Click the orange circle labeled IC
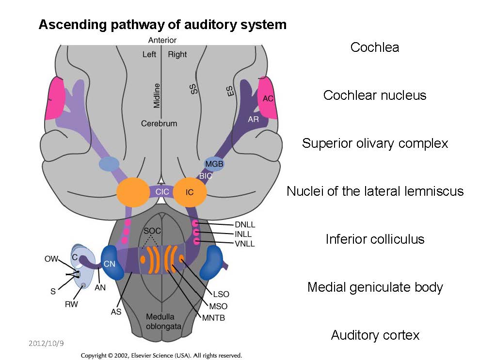pos(190,192)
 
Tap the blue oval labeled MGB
pos(214,164)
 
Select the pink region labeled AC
pos(268,98)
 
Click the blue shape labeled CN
pos(110,264)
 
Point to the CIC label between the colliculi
pos(162,192)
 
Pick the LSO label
pos(220,294)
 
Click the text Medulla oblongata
pos(163,322)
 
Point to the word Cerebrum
pos(159,124)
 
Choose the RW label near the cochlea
pos(72,304)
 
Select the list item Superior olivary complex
pos(375,143)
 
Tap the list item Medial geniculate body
pos(375,287)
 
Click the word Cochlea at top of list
pos(375,47)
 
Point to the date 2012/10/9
pos(47,344)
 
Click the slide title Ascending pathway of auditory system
pos(162,24)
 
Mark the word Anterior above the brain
pos(162,40)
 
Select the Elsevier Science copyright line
pos(161,355)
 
